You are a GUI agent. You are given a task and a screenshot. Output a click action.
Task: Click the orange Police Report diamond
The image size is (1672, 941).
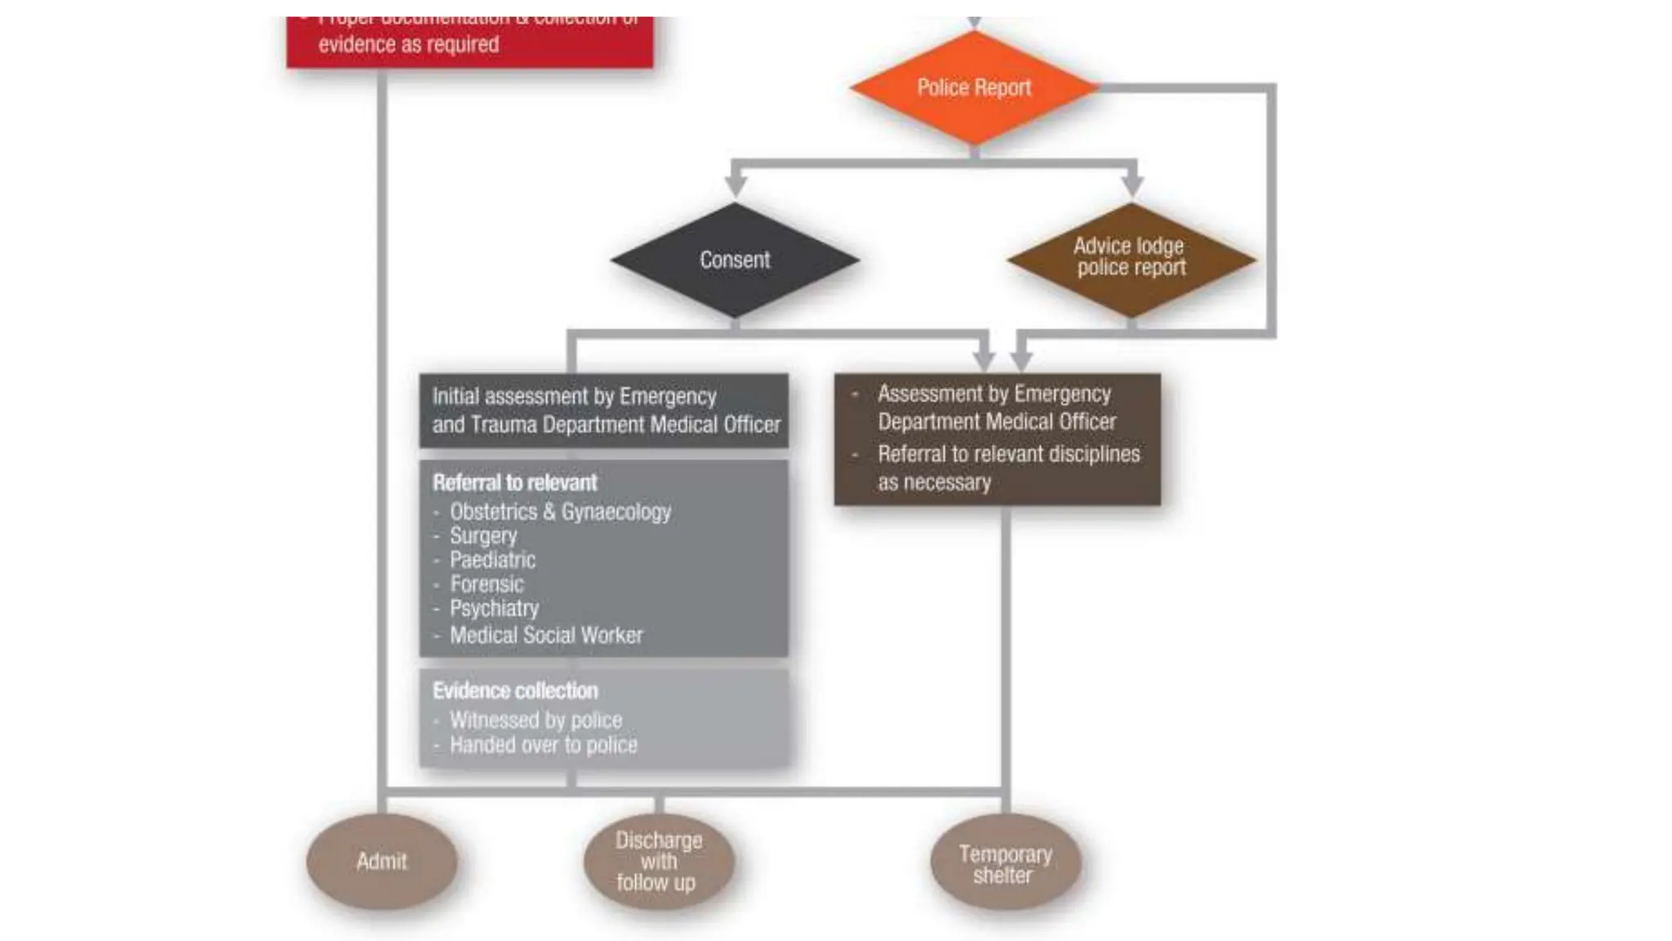tap(973, 87)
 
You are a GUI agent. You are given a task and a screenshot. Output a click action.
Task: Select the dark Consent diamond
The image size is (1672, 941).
tap(735, 260)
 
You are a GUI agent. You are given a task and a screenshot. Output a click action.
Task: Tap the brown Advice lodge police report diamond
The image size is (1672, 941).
tap(1131, 257)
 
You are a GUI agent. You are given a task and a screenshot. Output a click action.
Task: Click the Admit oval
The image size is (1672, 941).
tap(381, 861)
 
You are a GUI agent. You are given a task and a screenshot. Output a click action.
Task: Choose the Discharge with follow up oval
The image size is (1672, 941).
tap(658, 861)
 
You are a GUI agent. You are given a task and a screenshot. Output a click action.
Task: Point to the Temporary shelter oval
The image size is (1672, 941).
tap(1005, 864)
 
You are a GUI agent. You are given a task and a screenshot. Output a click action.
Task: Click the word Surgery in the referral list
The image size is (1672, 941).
tap(483, 536)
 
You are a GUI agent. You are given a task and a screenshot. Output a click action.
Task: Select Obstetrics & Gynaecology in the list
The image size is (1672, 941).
tap(560, 512)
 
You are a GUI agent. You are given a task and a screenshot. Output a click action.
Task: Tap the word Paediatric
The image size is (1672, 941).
tap(492, 560)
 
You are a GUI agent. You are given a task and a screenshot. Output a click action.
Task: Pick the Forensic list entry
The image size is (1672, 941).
tap(487, 584)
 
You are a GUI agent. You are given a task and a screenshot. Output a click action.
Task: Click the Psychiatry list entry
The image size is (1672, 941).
tap(494, 609)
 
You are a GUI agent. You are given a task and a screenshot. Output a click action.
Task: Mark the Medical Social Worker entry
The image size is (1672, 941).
tap(546, 635)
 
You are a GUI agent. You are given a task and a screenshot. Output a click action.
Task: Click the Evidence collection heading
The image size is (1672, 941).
tap(515, 691)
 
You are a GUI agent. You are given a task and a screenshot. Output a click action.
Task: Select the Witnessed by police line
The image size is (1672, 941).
tap(536, 720)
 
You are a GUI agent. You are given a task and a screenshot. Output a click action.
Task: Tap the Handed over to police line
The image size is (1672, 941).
tap(543, 745)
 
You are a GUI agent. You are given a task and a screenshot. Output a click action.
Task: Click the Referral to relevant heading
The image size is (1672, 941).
tap(515, 483)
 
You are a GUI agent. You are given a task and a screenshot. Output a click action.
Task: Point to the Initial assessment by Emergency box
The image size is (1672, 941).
tap(604, 411)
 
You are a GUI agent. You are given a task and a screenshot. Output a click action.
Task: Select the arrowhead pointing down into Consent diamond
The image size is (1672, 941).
tap(736, 185)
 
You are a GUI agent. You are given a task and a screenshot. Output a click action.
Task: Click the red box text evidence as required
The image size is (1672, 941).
tap(408, 44)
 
